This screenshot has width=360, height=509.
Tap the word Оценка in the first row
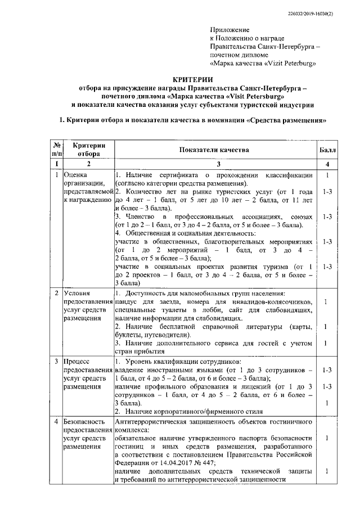click(76, 175)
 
